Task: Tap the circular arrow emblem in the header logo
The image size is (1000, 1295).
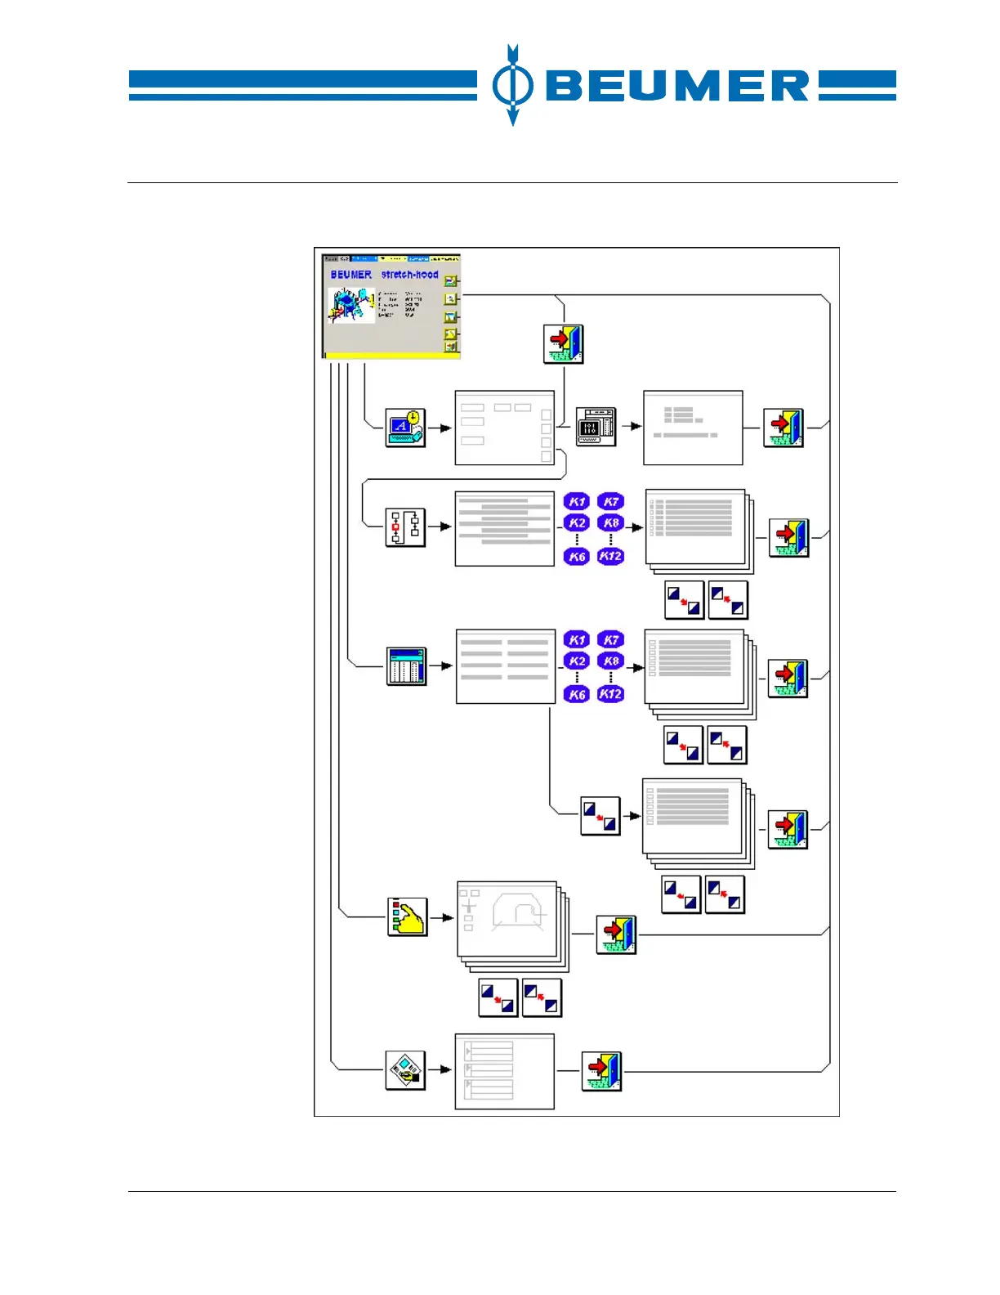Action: (512, 85)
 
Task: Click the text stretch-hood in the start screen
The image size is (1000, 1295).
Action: (409, 275)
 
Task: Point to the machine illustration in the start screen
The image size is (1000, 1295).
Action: (351, 304)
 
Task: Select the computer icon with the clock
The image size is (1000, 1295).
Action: (406, 427)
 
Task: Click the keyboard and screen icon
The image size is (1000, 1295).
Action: (596, 427)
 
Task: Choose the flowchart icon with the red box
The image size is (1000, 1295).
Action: (405, 527)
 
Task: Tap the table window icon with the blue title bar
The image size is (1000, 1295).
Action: (406, 666)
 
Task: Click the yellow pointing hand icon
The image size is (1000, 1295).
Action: (407, 917)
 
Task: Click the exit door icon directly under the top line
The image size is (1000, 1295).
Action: (564, 343)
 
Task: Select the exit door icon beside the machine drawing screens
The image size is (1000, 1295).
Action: (616, 934)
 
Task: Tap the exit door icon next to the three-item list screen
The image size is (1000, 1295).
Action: (601, 1071)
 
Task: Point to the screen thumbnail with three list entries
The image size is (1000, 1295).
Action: (504, 1071)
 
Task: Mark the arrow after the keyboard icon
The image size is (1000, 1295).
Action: (632, 427)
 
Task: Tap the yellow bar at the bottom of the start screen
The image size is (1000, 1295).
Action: (392, 355)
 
